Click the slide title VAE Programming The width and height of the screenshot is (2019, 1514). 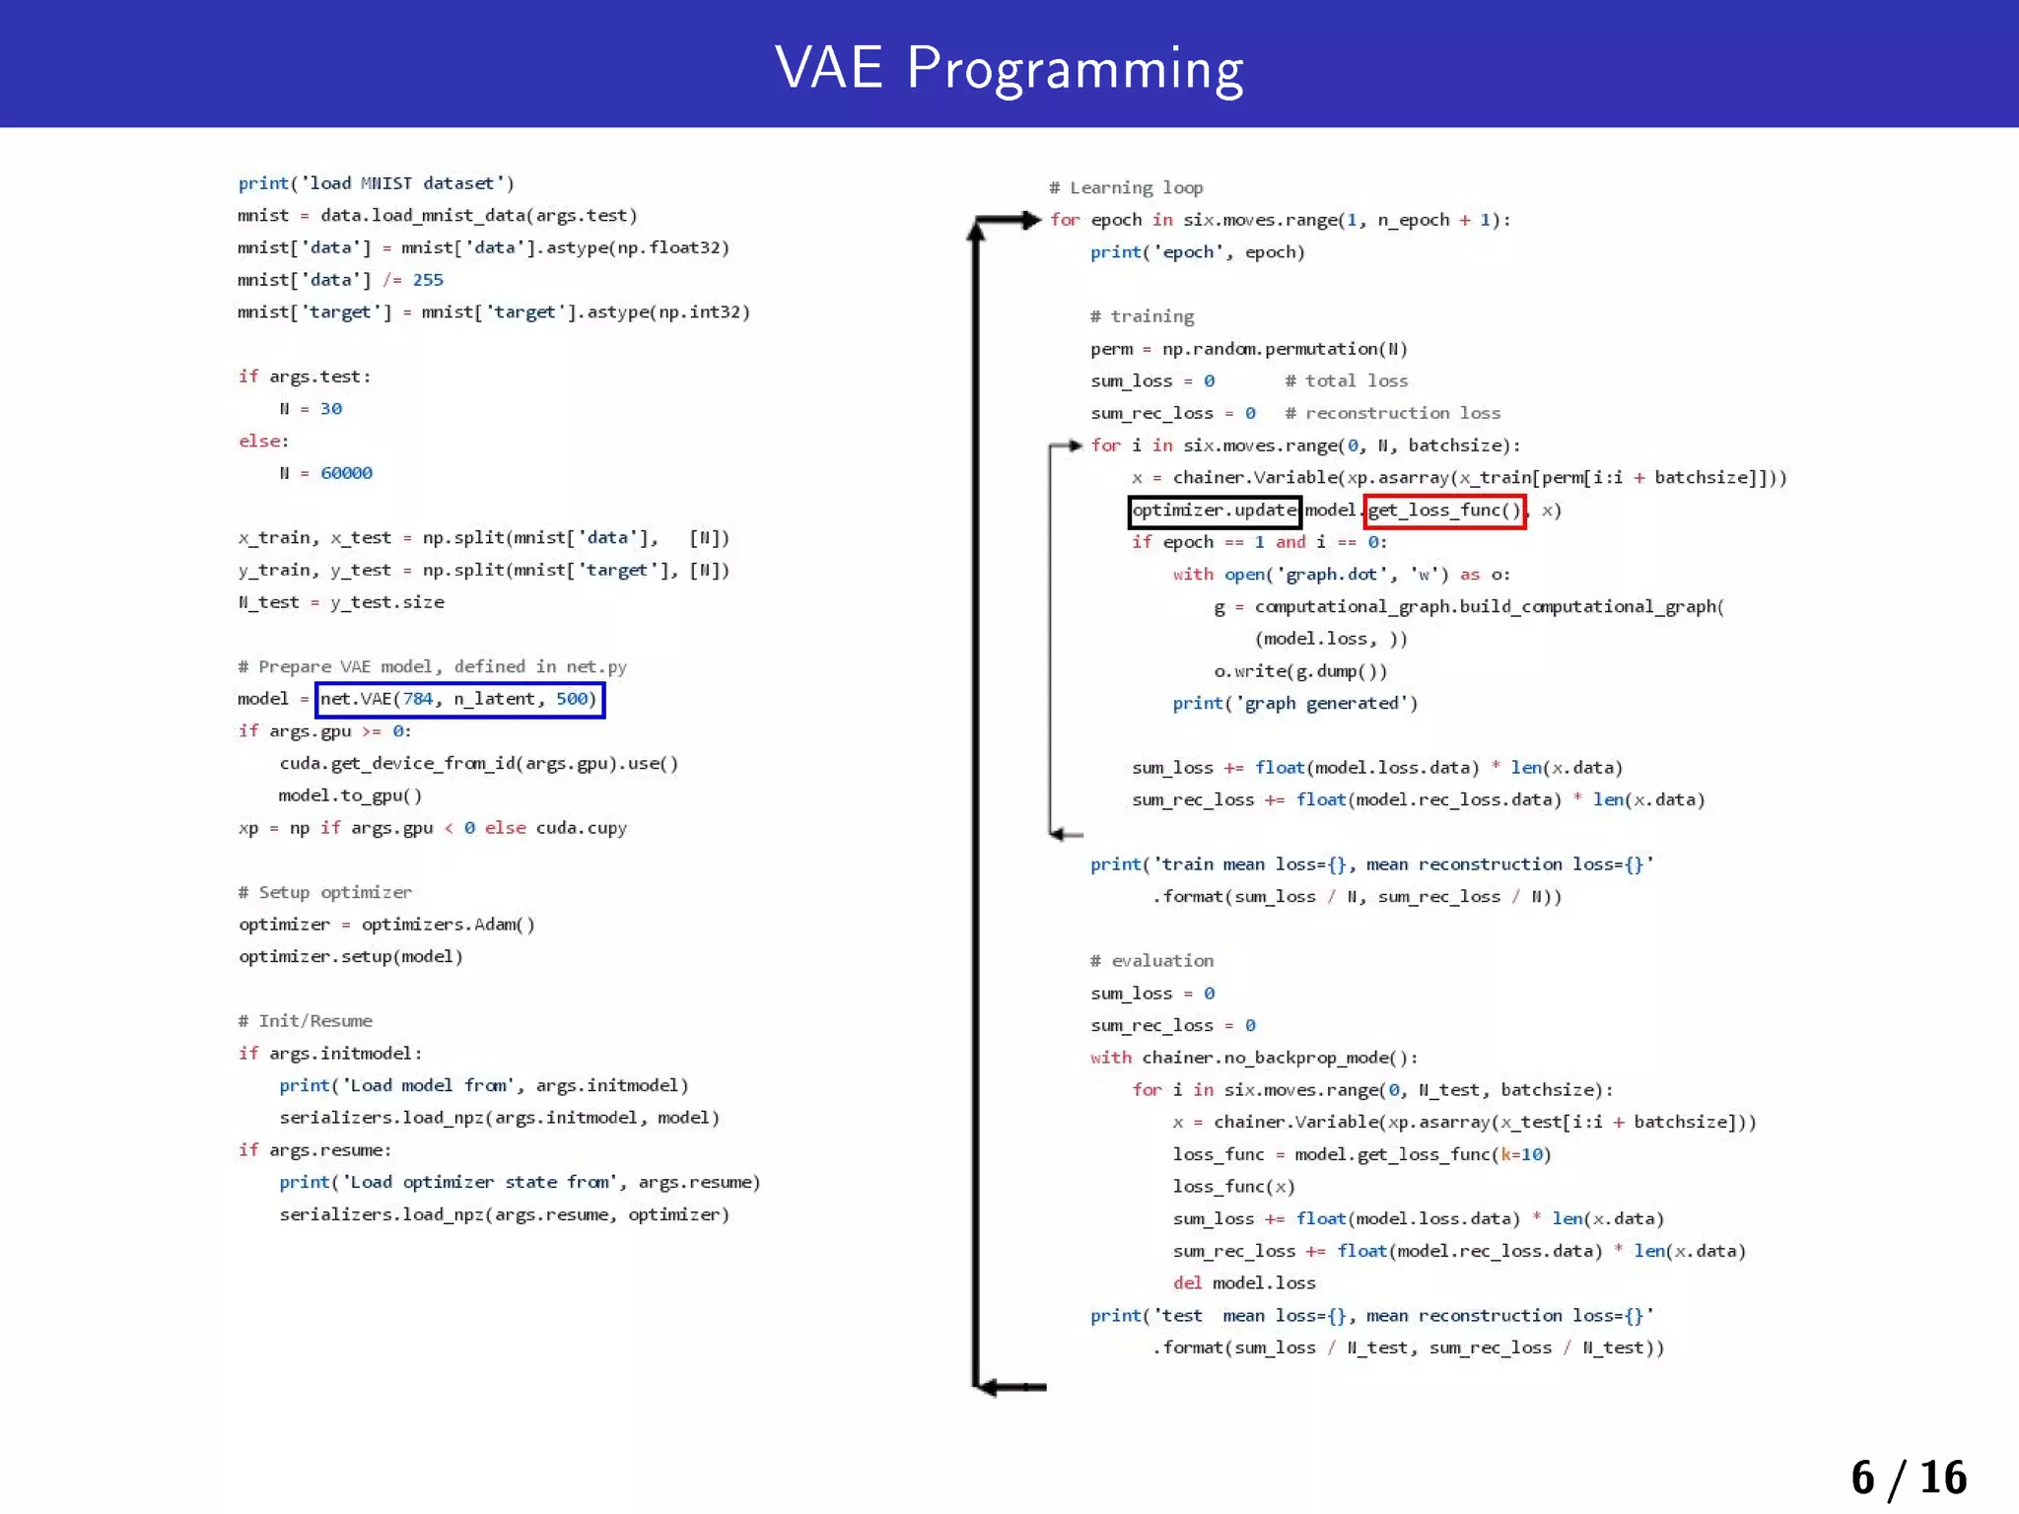1009,67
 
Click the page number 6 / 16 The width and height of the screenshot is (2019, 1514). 1908,1478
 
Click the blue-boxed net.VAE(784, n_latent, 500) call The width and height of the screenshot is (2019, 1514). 459,699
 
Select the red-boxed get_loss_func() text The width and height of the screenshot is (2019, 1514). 1444,511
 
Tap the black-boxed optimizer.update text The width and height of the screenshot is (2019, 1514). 1214,511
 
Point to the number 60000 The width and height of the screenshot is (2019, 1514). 346,473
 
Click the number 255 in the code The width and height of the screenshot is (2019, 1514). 428,280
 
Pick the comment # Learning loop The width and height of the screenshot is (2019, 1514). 1126,187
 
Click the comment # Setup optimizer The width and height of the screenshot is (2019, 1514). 325,892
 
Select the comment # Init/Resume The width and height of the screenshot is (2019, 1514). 306,1021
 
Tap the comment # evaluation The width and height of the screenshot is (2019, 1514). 1151,960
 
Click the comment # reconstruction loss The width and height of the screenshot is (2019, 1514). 1392,413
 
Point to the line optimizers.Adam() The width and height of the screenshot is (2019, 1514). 448,925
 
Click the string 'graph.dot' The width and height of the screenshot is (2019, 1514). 1332,575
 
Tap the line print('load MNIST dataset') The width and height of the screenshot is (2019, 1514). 376,183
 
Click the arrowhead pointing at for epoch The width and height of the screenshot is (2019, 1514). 1031,220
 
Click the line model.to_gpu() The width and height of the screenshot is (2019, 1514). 350,795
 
